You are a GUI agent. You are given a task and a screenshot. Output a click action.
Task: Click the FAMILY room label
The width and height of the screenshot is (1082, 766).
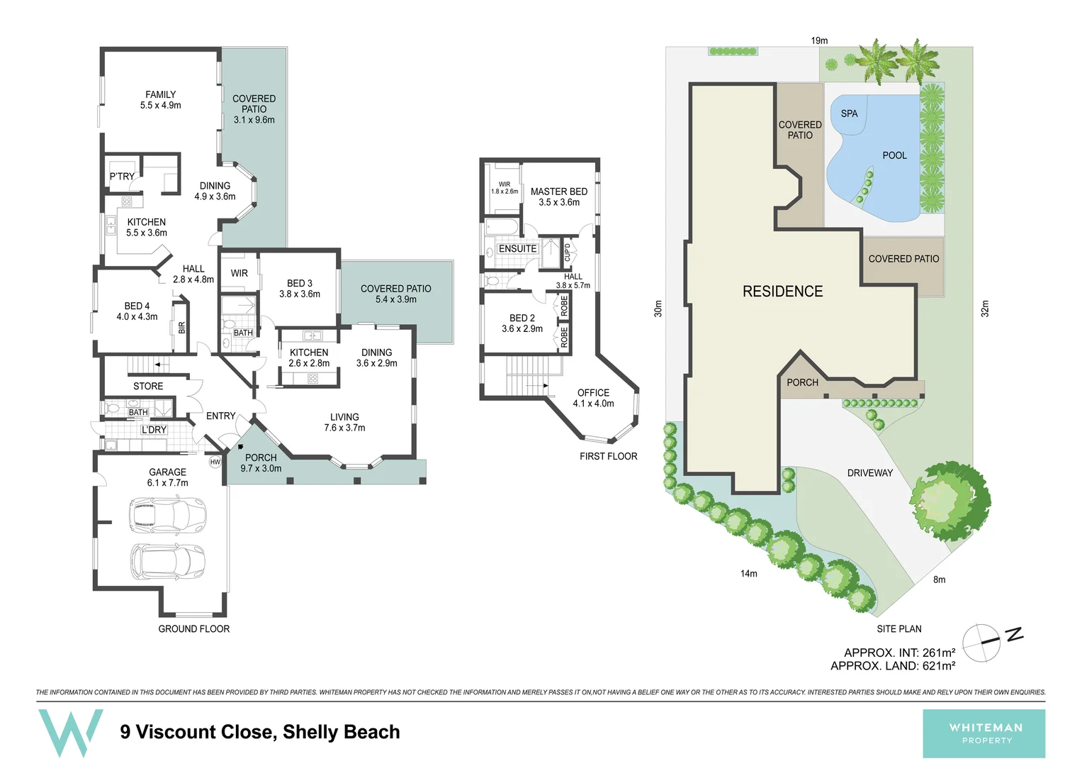click(160, 94)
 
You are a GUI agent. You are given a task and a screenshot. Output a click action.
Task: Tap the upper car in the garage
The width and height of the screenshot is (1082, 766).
click(168, 515)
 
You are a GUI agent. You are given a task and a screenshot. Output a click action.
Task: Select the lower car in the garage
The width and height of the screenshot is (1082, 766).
click(168, 561)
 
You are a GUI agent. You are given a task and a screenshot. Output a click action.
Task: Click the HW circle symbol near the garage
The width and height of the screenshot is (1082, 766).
click(215, 462)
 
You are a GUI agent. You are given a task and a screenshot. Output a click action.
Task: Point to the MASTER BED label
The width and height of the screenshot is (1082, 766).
click(558, 191)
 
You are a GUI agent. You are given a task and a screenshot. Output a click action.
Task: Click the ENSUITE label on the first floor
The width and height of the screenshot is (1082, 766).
click(517, 249)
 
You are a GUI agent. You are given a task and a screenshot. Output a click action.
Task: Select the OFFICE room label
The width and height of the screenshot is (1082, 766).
click(593, 393)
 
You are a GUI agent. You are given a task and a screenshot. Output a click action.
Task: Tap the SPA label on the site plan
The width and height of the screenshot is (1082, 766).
click(849, 113)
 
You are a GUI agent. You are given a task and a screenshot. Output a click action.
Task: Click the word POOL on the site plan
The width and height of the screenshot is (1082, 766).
click(894, 155)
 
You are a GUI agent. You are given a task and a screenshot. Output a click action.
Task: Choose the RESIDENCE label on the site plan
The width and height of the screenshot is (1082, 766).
click(782, 292)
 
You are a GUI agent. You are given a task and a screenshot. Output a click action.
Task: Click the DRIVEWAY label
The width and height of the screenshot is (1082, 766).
click(869, 473)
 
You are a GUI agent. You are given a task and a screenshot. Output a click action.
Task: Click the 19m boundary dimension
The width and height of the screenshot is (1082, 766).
click(819, 40)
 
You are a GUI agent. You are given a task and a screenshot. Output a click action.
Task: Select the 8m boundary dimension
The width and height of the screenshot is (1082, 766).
click(939, 579)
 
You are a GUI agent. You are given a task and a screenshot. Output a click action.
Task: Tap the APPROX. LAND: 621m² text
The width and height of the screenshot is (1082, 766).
click(893, 666)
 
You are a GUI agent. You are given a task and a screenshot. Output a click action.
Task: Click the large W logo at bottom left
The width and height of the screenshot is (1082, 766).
click(70, 732)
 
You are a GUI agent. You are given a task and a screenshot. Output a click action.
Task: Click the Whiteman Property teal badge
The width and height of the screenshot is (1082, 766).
click(984, 733)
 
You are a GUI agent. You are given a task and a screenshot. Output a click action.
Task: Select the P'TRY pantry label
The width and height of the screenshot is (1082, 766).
click(122, 177)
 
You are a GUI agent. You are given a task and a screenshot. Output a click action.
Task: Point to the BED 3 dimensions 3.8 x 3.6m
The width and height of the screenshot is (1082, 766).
click(300, 294)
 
